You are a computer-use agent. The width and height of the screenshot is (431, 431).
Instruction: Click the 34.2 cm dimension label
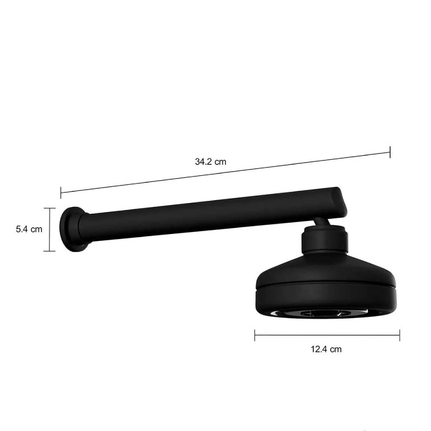[210, 162]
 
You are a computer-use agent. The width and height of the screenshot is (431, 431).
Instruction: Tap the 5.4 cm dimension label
[29, 229]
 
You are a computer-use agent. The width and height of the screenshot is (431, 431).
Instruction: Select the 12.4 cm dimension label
[326, 349]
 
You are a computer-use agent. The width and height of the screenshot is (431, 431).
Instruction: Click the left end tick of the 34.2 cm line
[61, 192]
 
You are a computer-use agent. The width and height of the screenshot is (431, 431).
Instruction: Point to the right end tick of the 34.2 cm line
[390, 152]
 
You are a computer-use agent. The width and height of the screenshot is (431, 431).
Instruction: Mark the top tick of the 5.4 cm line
[50, 209]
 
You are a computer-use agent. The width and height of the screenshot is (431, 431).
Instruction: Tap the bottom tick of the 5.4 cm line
[50, 250]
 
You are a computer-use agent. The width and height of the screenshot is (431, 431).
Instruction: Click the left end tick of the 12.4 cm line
[255, 335]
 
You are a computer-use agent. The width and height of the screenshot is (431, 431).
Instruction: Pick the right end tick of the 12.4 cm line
[400, 335]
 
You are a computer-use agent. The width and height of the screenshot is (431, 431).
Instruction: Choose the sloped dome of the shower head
[325, 269]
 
